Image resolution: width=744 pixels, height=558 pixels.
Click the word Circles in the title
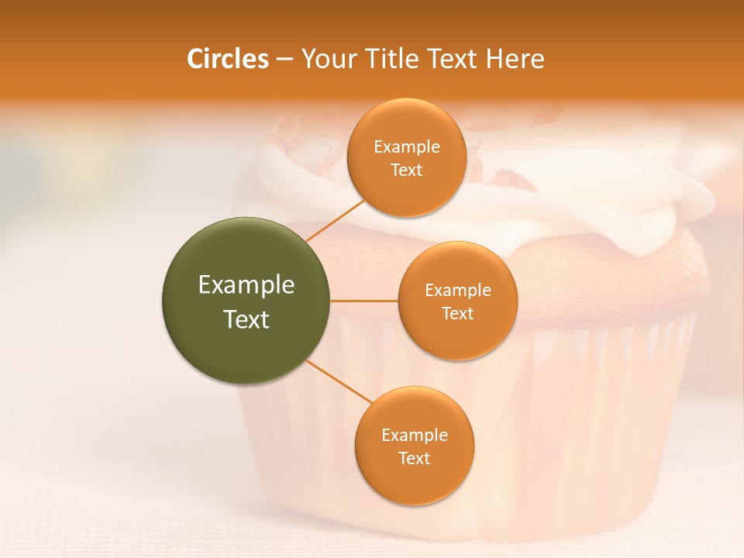click(x=227, y=59)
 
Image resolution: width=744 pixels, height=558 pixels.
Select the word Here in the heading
click(x=515, y=59)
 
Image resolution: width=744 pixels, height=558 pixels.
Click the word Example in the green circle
click(x=246, y=285)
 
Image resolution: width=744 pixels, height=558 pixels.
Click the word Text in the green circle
click(x=246, y=319)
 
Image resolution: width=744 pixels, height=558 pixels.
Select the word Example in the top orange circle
click(x=407, y=147)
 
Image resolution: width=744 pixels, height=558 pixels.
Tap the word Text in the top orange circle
click(x=407, y=170)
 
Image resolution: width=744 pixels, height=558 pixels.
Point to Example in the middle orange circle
click(x=458, y=291)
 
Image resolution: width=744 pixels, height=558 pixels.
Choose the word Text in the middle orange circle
click(x=458, y=314)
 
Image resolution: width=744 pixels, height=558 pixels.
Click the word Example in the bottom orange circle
click(x=415, y=436)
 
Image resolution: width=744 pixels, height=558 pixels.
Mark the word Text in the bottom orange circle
click(x=415, y=459)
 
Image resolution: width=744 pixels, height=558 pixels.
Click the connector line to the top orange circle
click(x=335, y=220)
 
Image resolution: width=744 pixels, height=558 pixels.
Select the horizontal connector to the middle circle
click(x=364, y=301)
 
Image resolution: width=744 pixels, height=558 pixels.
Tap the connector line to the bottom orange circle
click(x=339, y=382)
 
